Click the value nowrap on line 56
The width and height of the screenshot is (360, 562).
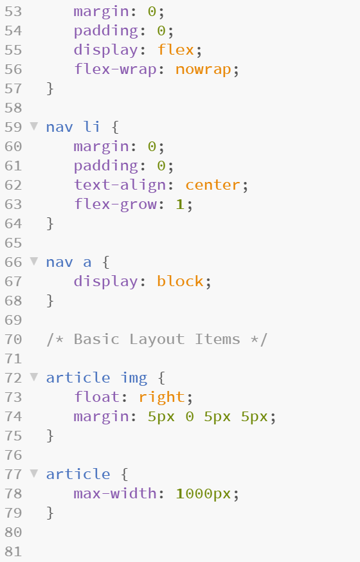pyautogui.click(x=203, y=70)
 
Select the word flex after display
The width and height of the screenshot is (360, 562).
pyautogui.click(x=175, y=50)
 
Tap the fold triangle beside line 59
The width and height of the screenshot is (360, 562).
pyautogui.click(x=34, y=126)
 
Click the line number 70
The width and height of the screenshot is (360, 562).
pyautogui.click(x=14, y=340)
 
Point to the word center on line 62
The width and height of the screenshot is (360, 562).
pyautogui.click(x=212, y=185)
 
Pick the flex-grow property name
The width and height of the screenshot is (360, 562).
pyautogui.click(x=115, y=204)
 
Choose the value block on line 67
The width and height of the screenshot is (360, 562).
pyautogui.click(x=180, y=282)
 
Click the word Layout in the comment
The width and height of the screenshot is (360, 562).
pyautogui.click(x=157, y=340)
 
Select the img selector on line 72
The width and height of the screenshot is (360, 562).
pyautogui.click(x=134, y=378)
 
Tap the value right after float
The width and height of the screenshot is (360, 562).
pyautogui.click(x=162, y=397)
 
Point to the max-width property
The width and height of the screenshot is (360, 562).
pyautogui.click(x=115, y=494)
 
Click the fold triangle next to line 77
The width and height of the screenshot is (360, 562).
pyautogui.click(x=34, y=473)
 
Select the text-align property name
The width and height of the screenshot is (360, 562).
pyautogui.click(x=120, y=185)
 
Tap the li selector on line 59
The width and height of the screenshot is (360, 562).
pyautogui.click(x=92, y=127)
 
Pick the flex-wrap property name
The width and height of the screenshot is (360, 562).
pyautogui.click(x=115, y=69)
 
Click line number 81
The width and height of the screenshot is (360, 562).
pyautogui.click(x=14, y=552)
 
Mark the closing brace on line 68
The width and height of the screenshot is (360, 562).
pyautogui.click(x=50, y=301)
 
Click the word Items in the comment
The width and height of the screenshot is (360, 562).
pyautogui.click(x=217, y=339)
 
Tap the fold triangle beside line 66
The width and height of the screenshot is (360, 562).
pyautogui.click(x=34, y=261)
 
